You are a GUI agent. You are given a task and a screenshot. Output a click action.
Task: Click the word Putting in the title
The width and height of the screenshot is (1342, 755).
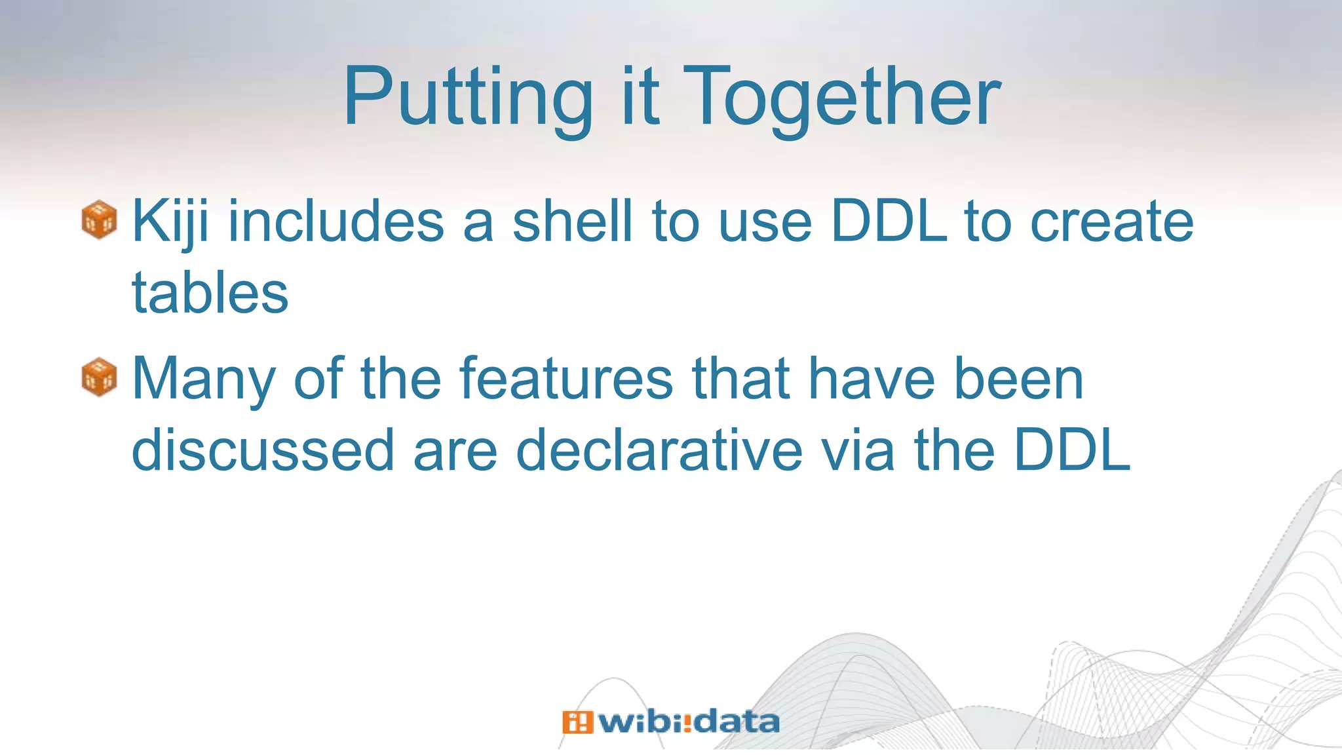point(467,98)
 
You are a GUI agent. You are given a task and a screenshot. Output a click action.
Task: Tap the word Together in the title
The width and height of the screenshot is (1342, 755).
point(845,98)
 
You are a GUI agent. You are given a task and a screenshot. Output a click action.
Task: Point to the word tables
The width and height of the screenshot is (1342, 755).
point(210,293)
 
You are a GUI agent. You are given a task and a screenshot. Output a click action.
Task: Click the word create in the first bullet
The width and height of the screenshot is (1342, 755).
point(1112,222)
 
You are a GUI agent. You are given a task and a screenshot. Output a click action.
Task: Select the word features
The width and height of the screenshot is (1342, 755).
point(566,379)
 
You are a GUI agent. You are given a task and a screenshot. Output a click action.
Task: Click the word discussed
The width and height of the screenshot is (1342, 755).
point(263,450)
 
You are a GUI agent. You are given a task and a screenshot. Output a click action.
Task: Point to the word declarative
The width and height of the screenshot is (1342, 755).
point(659,450)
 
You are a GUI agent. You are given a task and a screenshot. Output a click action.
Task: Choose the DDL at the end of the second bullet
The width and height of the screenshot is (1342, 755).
point(1072,450)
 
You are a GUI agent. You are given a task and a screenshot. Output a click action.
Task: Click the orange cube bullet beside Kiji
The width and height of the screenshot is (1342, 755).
point(100,220)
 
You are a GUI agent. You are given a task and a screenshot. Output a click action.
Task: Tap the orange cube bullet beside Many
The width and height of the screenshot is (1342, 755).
point(100,377)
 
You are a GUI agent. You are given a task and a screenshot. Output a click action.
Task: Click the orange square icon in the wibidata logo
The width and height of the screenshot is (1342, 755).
point(577,722)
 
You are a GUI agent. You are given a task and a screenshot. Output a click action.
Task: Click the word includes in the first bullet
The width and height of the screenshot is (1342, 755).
point(336,222)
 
